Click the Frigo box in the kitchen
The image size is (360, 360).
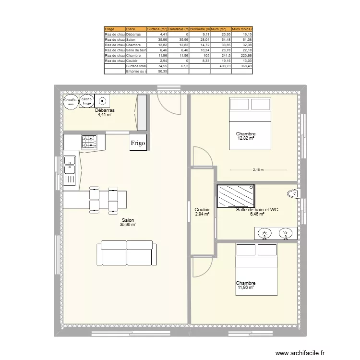tap(138, 143)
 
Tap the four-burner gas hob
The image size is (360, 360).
tap(89, 142)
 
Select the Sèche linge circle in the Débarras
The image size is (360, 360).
tap(87, 101)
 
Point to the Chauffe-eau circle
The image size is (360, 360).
tap(71, 101)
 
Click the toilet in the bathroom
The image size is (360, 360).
tap(292, 194)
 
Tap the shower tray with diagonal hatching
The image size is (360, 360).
tap(236, 196)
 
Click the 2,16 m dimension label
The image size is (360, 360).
tap(258, 170)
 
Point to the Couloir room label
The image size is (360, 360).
tap(202, 210)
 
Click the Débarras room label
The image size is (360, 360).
tap(105, 110)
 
